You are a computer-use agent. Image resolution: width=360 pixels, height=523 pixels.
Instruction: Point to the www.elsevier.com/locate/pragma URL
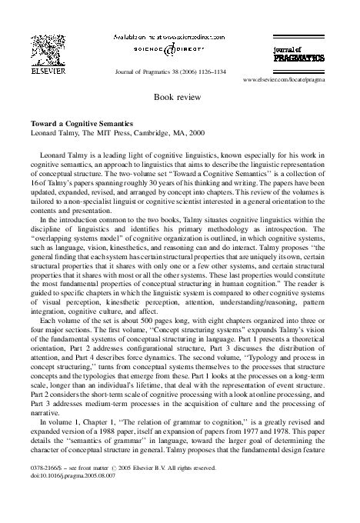tap(292, 79)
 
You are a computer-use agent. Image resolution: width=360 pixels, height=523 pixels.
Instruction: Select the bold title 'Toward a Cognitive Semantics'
tap(75, 123)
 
